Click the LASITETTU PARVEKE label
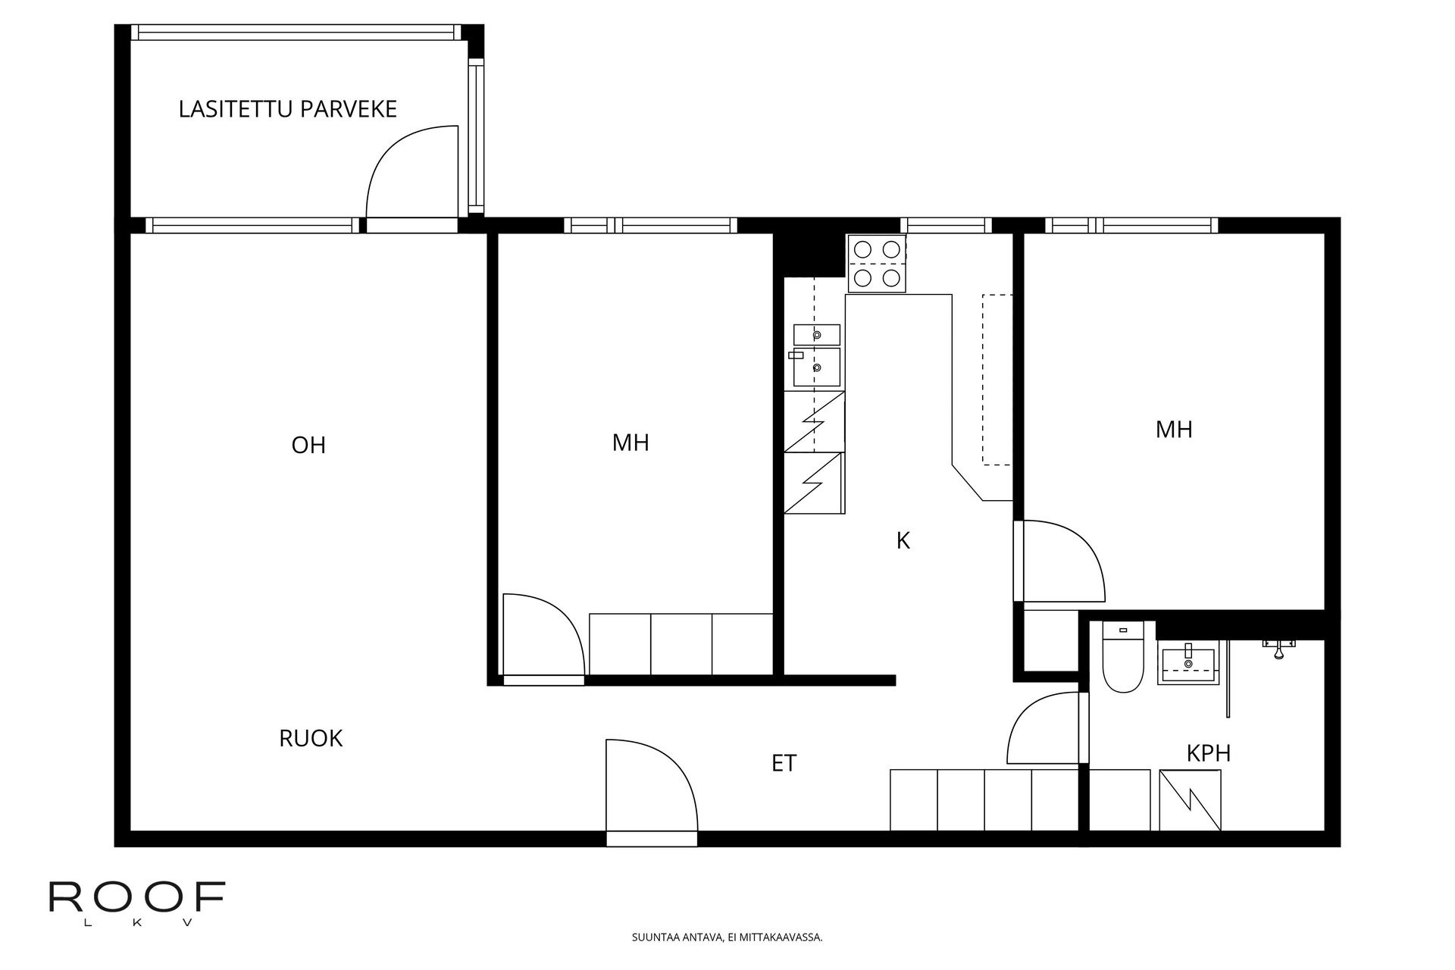287,109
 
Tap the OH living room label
308,445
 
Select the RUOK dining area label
311,738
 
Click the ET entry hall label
784,763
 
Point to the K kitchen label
903,541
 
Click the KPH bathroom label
1208,753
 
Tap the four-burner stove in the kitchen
877,264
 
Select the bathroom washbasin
1187,665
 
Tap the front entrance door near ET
652,788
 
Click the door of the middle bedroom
543,637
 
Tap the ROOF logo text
137,897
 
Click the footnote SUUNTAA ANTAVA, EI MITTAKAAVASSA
727,937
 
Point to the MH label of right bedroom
1174,430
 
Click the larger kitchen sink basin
817,367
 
